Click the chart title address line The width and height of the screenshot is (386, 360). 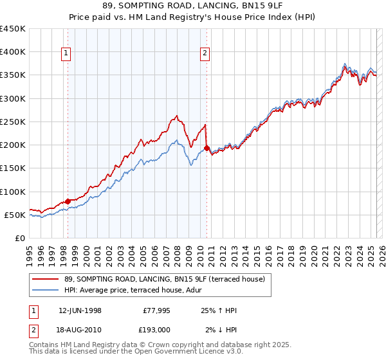[x=192, y=6]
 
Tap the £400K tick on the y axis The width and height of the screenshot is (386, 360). [x=13, y=52]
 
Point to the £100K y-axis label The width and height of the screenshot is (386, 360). [x=13, y=192]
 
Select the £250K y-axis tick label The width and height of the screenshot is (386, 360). [x=13, y=122]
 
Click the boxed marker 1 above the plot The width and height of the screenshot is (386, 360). [x=68, y=54]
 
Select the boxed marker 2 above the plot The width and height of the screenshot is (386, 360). [x=205, y=54]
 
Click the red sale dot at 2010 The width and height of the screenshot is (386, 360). [x=207, y=148]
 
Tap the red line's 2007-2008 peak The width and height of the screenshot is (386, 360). [x=176, y=116]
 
